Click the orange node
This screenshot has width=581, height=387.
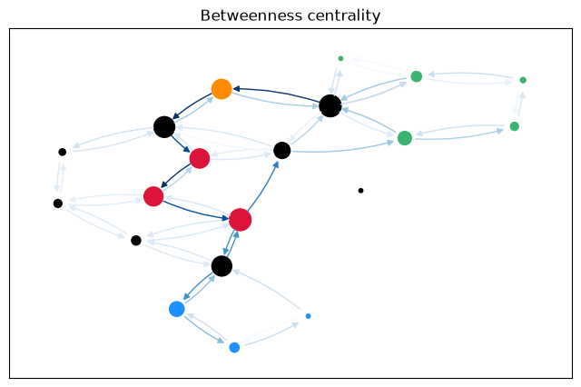coord(222,89)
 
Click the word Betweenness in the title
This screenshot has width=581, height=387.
coord(251,15)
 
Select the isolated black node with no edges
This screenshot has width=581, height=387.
coord(360,191)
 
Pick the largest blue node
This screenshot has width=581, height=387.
coord(177,309)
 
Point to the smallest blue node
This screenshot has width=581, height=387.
coord(308,316)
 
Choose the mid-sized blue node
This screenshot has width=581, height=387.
coord(234,347)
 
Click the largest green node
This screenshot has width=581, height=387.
coord(405,138)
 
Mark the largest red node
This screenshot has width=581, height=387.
coord(240,220)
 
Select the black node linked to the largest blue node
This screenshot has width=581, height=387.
coord(222,266)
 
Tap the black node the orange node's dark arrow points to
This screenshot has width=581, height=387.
coord(164,127)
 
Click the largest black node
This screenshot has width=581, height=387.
coord(330,105)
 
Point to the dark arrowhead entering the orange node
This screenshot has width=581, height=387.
coord(236,89)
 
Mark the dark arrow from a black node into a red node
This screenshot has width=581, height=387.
coord(181,144)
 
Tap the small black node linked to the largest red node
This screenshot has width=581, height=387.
coord(136,240)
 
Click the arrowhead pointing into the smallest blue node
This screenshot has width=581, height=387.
coord(295,324)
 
